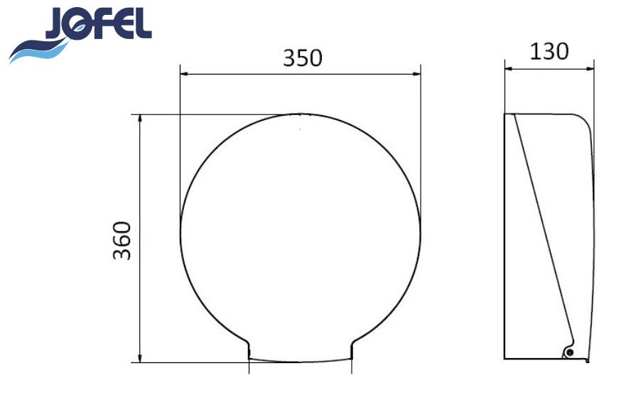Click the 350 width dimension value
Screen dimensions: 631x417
click(303, 58)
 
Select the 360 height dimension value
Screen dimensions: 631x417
click(122, 241)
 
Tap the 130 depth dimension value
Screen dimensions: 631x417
click(549, 51)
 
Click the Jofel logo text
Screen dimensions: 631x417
click(99, 23)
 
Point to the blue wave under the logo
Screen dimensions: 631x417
click(41, 50)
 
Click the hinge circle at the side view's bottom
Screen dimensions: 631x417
click(569, 352)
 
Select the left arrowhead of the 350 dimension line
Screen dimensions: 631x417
click(185, 74)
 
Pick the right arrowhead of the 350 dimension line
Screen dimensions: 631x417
click(416, 74)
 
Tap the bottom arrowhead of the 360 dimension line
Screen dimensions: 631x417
click(140, 358)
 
